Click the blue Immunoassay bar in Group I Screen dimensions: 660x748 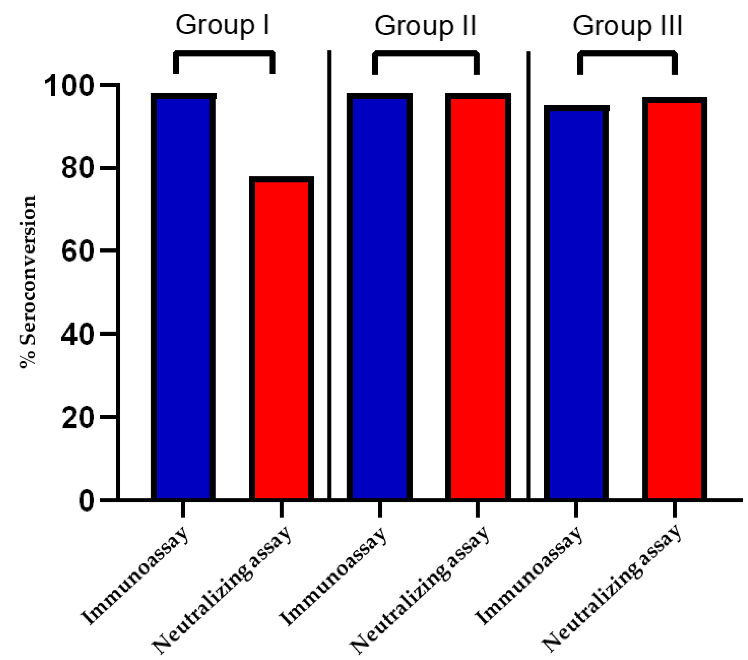point(183,297)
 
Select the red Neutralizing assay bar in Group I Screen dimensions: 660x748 point(281,339)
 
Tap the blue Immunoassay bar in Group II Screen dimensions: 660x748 point(380,297)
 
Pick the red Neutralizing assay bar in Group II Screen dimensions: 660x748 point(478,297)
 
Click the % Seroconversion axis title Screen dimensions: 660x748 point(28,282)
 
